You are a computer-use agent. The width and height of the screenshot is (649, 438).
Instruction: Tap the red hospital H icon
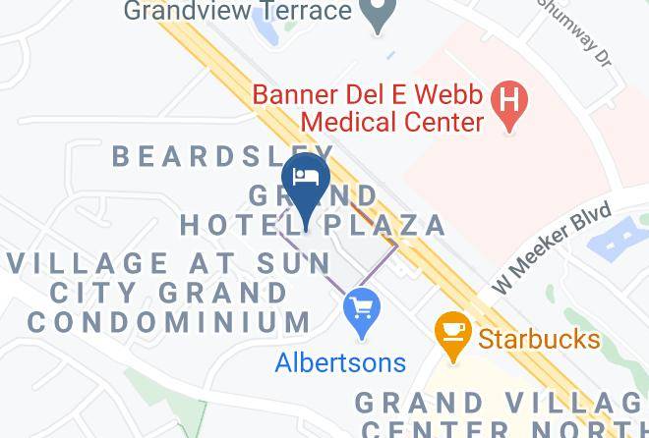point(509,103)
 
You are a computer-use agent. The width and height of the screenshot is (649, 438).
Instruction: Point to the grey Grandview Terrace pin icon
point(375,14)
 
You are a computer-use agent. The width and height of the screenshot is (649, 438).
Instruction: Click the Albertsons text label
point(340,362)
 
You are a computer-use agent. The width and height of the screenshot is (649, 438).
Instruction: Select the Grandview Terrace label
point(238,12)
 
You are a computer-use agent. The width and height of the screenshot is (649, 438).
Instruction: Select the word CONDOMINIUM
point(169,321)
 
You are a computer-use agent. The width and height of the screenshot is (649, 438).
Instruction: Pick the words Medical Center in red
point(392,122)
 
